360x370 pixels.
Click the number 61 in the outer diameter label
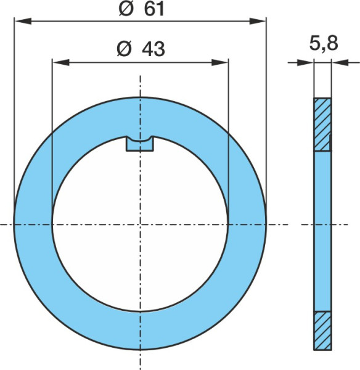tap(154, 10)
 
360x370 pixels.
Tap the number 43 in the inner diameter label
tap(153, 49)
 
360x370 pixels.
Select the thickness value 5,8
tap(324, 44)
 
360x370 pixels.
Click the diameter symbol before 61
tap(126, 10)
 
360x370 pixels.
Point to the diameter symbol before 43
tap(124, 49)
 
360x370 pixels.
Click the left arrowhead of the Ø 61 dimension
tap(23, 21)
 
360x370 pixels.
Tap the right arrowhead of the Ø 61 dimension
tap(258, 21)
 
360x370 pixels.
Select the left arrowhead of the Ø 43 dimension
tap(61, 62)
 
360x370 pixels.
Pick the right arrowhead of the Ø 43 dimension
tap(220, 62)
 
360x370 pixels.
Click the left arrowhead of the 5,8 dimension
tap(305, 62)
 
